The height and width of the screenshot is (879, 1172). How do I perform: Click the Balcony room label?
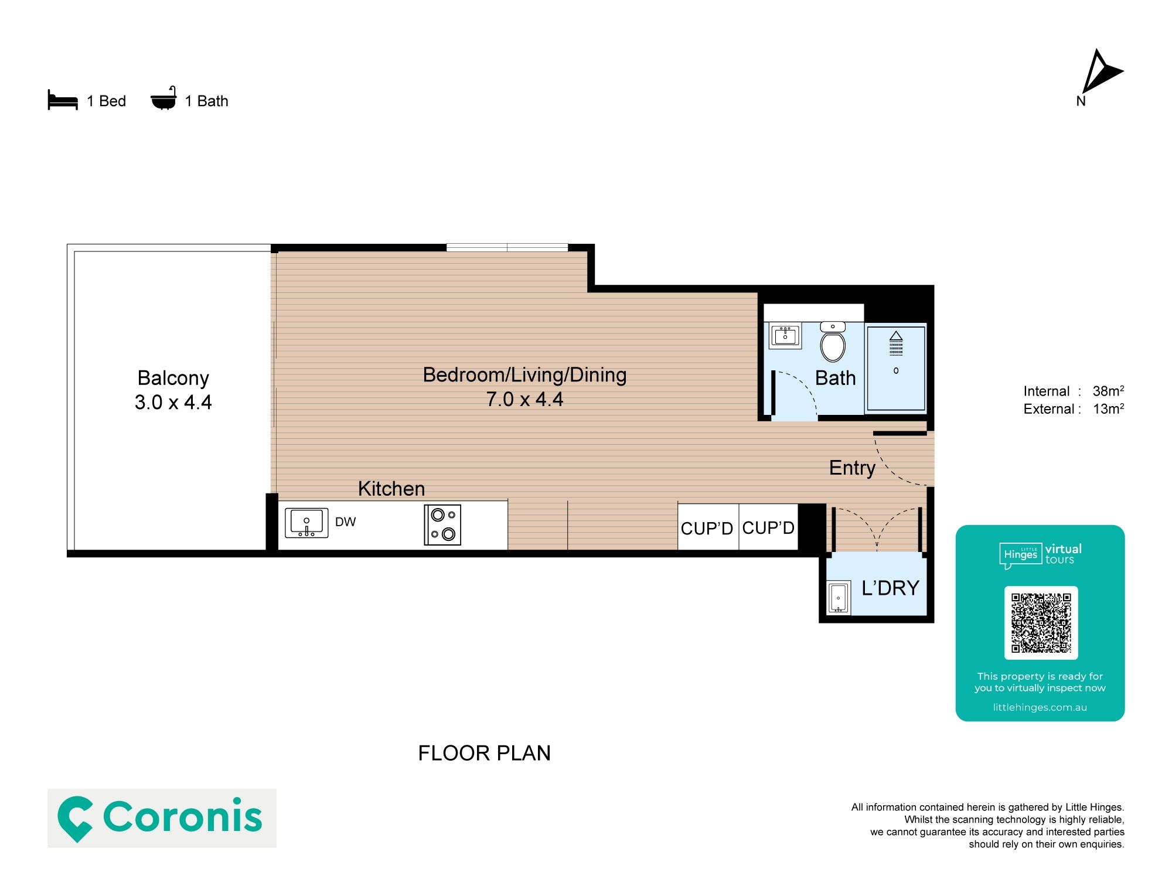click(x=173, y=378)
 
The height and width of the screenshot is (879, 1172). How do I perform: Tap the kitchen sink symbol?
click(x=306, y=523)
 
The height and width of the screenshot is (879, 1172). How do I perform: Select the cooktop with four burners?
click(x=442, y=525)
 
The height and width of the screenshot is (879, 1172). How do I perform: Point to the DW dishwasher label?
click(x=345, y=522)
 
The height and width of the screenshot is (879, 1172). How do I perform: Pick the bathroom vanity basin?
click(x=785, y=336)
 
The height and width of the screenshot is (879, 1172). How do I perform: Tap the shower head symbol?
click(x=896, y=343)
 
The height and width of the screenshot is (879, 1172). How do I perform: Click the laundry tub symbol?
click(x=839, y=598)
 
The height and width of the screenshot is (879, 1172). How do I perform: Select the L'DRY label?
click(x=890, y=588)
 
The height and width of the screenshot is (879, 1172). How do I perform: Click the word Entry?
click(x=852, y=468)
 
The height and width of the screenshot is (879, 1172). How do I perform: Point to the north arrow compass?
click(x=1101, y=72)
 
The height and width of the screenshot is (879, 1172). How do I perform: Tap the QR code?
click(x=1041, y=623)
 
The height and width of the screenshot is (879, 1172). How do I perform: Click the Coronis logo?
click(x=162, y=818)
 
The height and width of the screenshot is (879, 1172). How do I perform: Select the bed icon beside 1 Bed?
click(x=63, y=100)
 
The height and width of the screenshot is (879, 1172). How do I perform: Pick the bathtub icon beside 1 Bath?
click(x=163, y=98)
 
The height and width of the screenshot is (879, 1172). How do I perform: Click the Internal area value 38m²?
click(x=1108, y=391)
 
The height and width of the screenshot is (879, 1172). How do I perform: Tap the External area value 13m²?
click(x=1108, y=408)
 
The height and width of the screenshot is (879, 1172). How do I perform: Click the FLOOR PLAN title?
click(x=485, y=754)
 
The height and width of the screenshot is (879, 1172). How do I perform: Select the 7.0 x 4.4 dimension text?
click(x=524, y=400)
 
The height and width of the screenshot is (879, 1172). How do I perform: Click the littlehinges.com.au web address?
click(x=1040, y=707)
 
